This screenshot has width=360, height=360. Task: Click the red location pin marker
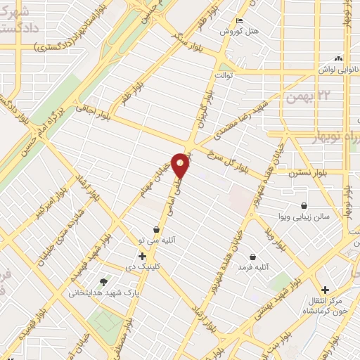[x=181, y=165]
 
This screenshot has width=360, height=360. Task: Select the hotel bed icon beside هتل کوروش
[x=240, y=20]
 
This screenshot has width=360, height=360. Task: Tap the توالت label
[x=224, y=75]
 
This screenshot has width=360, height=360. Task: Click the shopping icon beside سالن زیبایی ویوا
[x=303, y=205]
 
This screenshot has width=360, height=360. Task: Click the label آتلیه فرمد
[x=255, y=268]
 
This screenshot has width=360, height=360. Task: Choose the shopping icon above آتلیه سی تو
[x=157, y=229]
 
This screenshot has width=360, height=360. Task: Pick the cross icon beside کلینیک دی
[x=143, y=257]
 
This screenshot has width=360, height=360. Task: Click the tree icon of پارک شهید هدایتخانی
[x=105, y=281]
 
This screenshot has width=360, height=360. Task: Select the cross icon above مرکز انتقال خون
[x=324, y=289]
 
